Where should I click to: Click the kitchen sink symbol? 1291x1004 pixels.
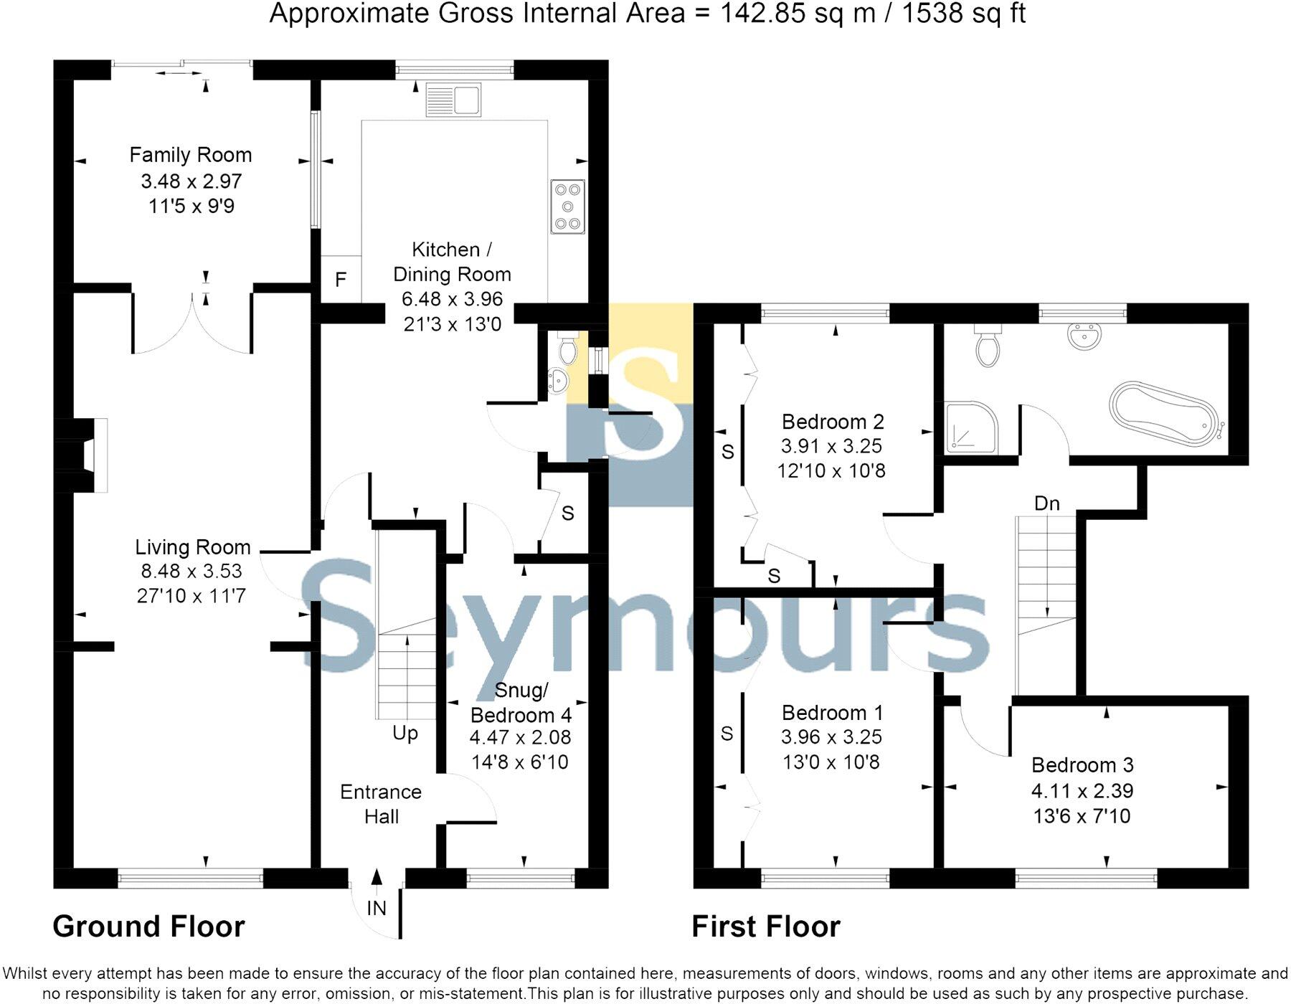click(453, 100)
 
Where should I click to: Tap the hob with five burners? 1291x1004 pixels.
click(567, 207)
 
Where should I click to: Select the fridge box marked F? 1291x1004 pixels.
click(341, 279)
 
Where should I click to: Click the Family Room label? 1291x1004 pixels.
click(190, 155)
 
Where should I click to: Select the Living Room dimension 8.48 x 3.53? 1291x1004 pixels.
click(191, 572)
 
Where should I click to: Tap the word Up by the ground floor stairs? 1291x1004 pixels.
click(405, 734)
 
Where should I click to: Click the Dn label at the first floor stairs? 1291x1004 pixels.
click(1046, 503)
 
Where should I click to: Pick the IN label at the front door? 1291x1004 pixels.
click(377, 909)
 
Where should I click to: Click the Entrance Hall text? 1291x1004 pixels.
click(381, 804)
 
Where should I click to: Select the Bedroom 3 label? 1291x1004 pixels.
click(1082, 765)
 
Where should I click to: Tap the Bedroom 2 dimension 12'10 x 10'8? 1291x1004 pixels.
click(831, 471)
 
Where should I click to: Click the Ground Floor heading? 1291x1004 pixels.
click(148, 927)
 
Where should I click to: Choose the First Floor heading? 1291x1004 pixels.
click(765, 927)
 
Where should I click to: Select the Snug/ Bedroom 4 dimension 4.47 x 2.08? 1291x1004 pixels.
click(520, 737)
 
